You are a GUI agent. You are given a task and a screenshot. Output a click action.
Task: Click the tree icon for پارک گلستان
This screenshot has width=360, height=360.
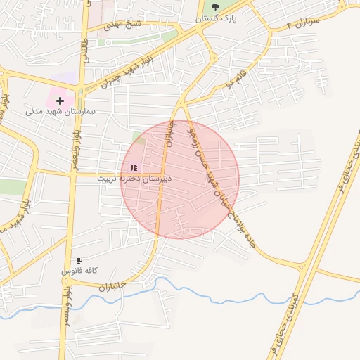(215, 8)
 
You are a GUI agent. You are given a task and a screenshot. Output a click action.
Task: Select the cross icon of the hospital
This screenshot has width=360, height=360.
(60, 101)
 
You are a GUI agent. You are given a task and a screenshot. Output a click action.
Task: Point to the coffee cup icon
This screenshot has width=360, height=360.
(79, 260)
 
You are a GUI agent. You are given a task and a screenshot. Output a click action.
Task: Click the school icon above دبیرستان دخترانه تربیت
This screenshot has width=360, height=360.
(134, 167)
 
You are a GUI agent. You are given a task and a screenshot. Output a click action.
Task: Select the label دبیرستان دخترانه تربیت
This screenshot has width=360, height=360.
(134, 179)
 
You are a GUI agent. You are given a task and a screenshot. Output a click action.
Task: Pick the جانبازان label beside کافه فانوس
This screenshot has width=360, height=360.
(112, 287)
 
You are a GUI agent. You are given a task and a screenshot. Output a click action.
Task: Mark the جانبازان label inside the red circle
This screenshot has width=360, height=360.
(169, 131)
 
